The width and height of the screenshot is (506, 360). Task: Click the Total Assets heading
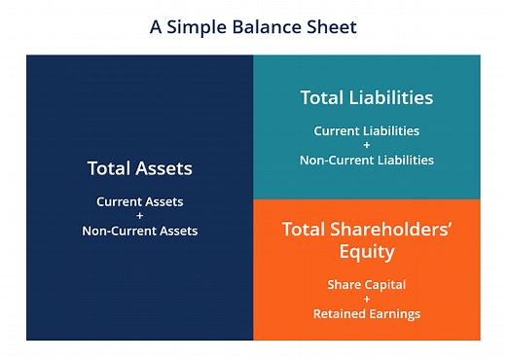[x=139, y=168]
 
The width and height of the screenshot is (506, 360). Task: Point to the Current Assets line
[x=139, y=201]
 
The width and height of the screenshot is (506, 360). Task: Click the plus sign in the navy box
[x=139, y=216]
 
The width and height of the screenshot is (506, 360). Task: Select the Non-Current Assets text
[x=139, y=231]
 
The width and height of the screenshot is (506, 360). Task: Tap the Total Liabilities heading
[x=366, y=98]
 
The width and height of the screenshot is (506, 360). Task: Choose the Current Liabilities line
[x=366, y=130]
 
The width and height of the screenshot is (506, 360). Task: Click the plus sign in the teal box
[x=366, y=145]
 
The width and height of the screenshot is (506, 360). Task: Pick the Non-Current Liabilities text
[x=366, y=160]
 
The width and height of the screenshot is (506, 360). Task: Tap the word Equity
[x=366, y=252]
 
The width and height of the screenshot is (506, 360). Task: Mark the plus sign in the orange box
[x=366, y=300]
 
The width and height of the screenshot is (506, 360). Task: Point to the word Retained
[x=338, y=314]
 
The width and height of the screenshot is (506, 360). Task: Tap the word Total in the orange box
[x=305, y=230]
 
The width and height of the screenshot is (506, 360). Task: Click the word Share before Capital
[x=344, y=285]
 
